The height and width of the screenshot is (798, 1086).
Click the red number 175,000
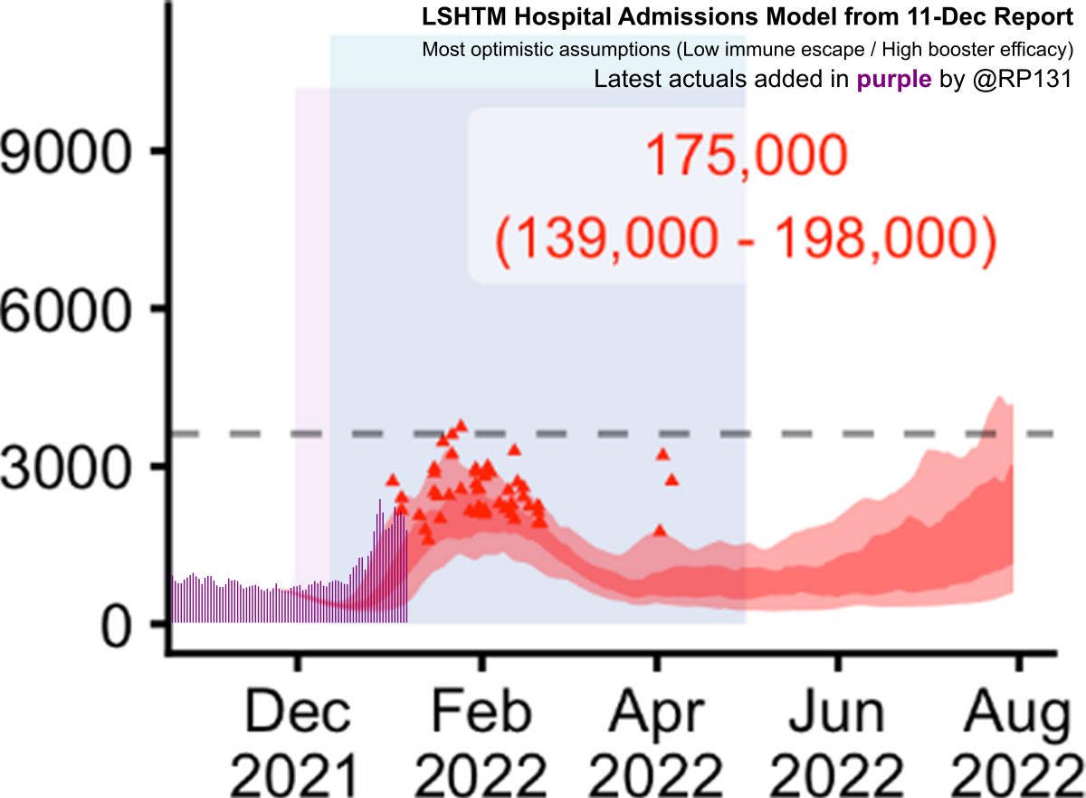tap(746, 159)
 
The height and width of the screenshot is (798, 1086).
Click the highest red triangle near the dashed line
tap(462, 425)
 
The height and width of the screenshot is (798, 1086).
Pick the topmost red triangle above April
tap(662, 454)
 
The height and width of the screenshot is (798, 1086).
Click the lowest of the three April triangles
tap(661, 530)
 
